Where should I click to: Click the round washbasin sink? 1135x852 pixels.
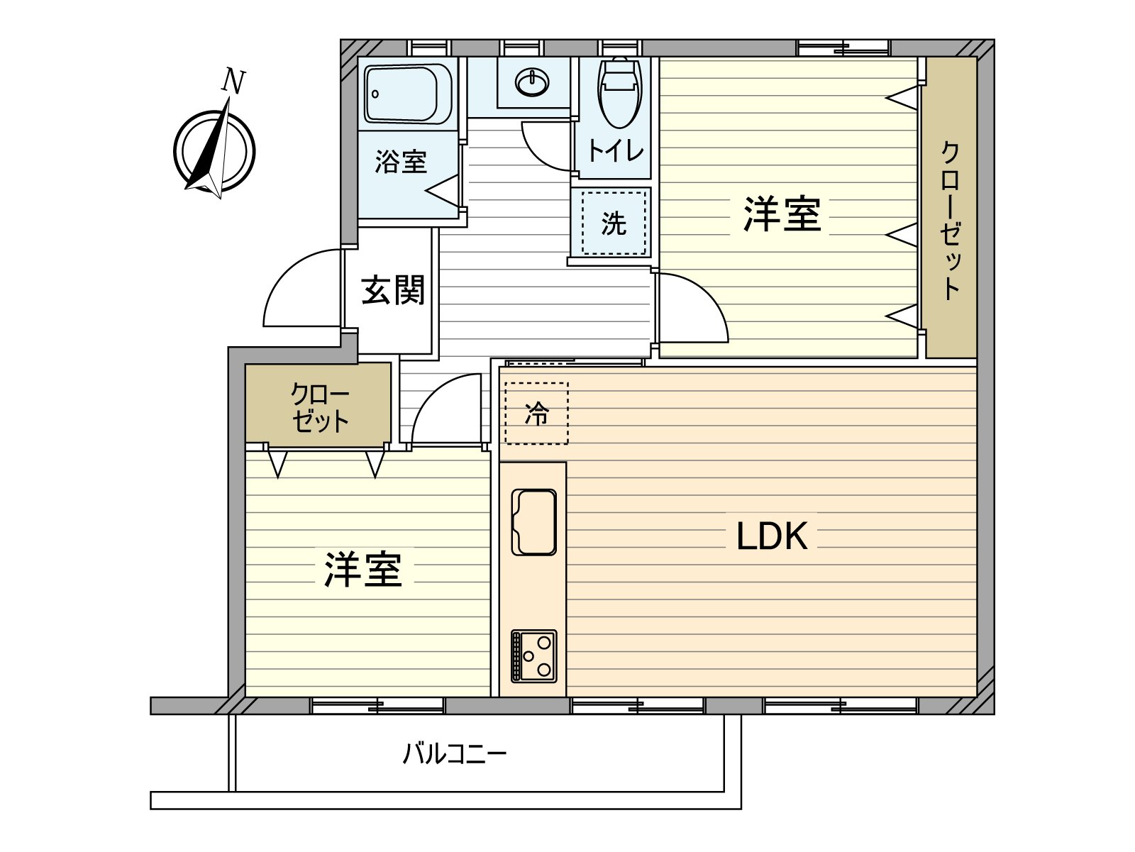[531, 84]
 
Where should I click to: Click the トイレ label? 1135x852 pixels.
[615, 151]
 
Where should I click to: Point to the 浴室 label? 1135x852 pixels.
[401, 162]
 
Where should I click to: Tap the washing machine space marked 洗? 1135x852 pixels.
[614, 223]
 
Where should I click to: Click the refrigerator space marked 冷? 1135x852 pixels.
[536, 413]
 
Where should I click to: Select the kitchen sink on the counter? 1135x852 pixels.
[533, 521]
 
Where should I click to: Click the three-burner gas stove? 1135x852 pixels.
[533, 655]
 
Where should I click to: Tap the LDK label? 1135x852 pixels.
[772, 536]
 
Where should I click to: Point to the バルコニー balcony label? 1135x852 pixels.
[455, 753]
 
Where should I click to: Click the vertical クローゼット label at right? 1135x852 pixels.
[951, 221]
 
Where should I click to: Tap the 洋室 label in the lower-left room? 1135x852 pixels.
[363, 569]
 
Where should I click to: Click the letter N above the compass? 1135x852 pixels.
[233, 81]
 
